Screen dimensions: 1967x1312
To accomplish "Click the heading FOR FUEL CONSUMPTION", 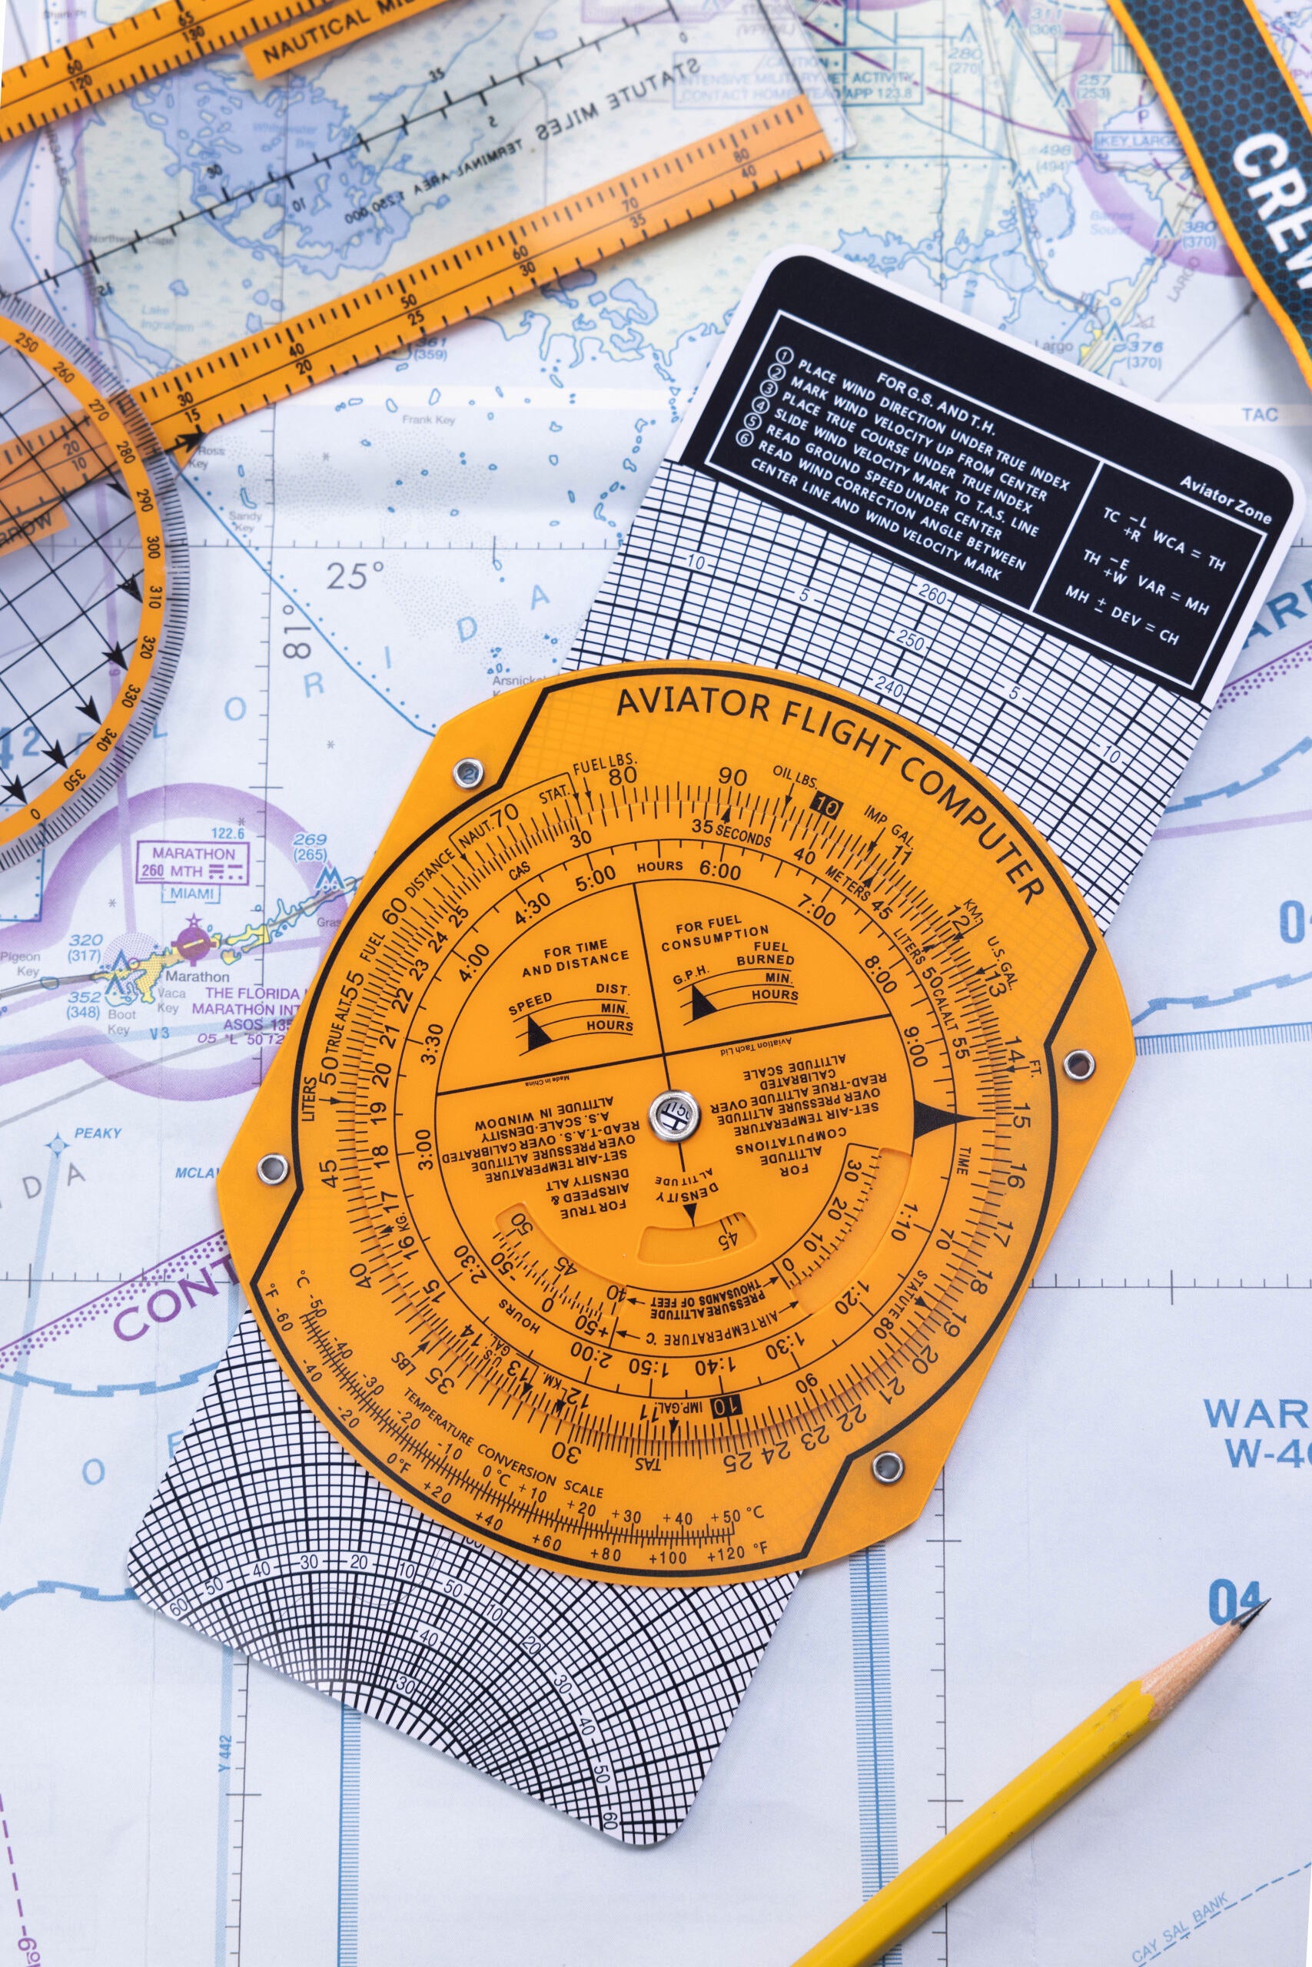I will tap(721, 937).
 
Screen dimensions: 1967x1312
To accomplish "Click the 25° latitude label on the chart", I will tap(355, 576).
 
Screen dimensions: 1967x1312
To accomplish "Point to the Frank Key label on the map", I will tap(428, 420).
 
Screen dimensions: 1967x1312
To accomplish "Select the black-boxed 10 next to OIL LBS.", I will tap(825, 807).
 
